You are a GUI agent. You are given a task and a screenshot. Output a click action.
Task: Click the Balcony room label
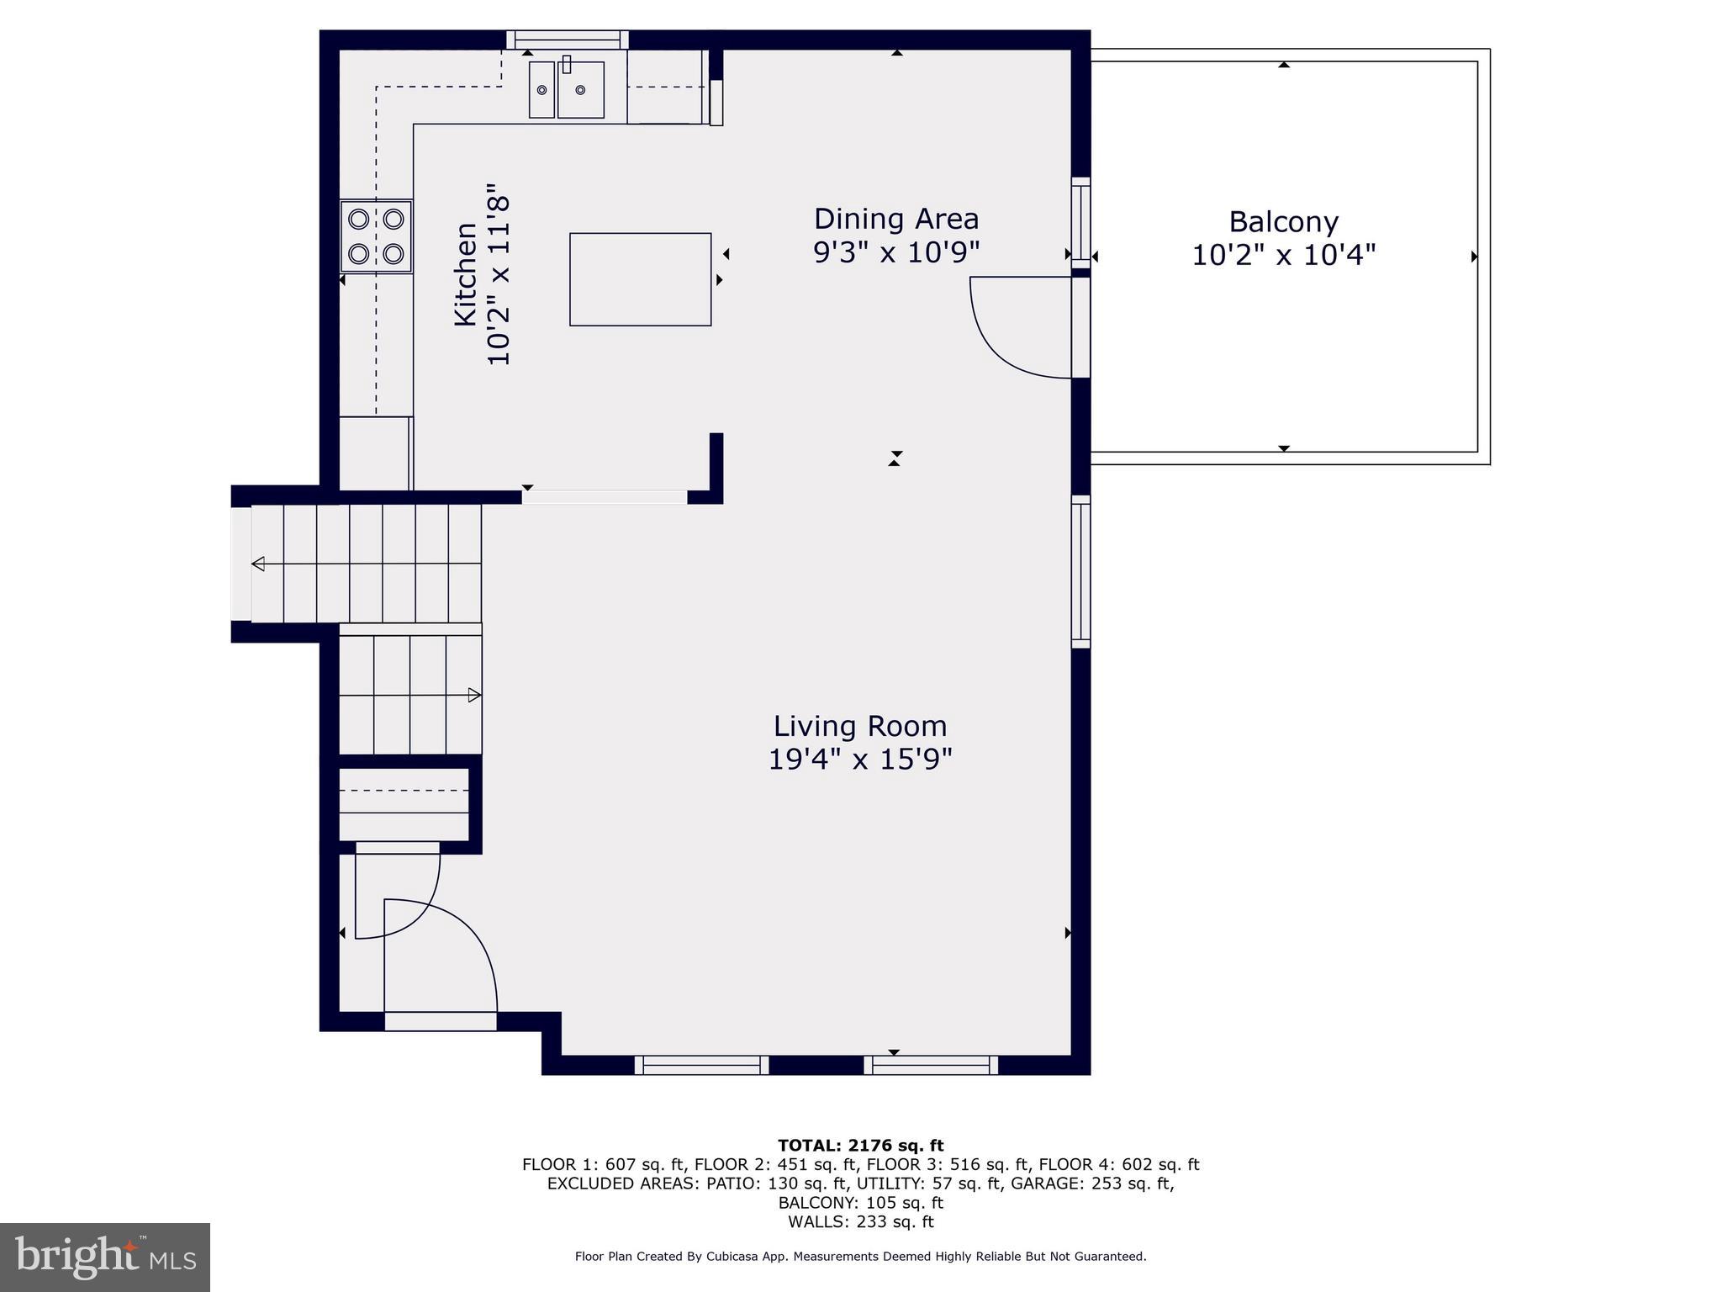[x=1283, y=222]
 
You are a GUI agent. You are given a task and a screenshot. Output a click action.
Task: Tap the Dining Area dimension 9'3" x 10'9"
[x=896, y=252]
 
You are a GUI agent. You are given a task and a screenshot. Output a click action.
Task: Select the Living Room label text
[x=859, y=726]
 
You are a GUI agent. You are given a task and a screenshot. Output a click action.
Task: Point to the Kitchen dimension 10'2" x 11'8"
[x=499, y=274]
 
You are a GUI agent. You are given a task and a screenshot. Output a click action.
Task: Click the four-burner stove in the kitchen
[x=376, y=236]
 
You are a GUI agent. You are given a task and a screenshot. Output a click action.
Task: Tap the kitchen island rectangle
[x=640, y=279]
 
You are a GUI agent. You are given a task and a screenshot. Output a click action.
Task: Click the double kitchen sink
[x=566, y=89]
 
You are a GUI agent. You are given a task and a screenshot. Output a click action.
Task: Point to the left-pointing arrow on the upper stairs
[x=259, y=564]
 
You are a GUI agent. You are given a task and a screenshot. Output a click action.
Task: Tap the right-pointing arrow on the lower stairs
[x=474, y=695]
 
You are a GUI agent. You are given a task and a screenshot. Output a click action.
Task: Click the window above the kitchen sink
[x=568, y=40]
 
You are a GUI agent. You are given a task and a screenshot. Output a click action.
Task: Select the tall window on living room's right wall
[x=1080, y=572]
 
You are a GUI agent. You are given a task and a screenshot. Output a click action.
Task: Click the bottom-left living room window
[x=701, y=1065]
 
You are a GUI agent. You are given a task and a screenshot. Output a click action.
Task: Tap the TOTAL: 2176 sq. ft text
[x=860, y=1145]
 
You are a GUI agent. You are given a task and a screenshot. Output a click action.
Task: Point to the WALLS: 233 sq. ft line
[x=860, y=1221]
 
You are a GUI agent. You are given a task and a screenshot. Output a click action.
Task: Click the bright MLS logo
[x=104, y=1257]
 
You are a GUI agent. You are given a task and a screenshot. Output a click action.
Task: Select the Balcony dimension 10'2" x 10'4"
[x=1283, y=255]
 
